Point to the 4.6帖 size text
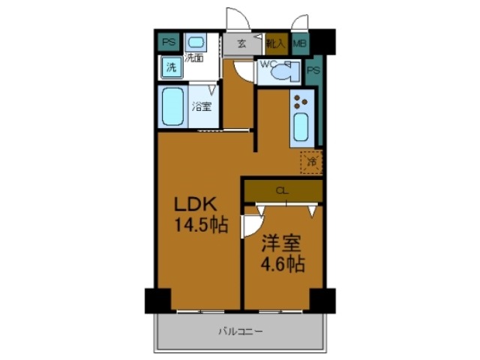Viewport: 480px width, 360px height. point(282,265)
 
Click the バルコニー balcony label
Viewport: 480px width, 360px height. point(239,331)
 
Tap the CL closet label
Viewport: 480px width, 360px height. point(282,191)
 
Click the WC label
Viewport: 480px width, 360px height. point(267,64)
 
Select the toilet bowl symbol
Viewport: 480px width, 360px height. point(284,73)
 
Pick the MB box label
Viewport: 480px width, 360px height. point(300,44)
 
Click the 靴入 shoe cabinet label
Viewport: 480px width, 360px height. point(274,44)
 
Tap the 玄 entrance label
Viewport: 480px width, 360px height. point(241,43)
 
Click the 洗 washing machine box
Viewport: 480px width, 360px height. point(171,67)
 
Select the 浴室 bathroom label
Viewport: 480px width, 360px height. point(200,106)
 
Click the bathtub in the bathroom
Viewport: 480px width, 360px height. point(174,107)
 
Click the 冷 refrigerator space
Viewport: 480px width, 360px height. point(311,160)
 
